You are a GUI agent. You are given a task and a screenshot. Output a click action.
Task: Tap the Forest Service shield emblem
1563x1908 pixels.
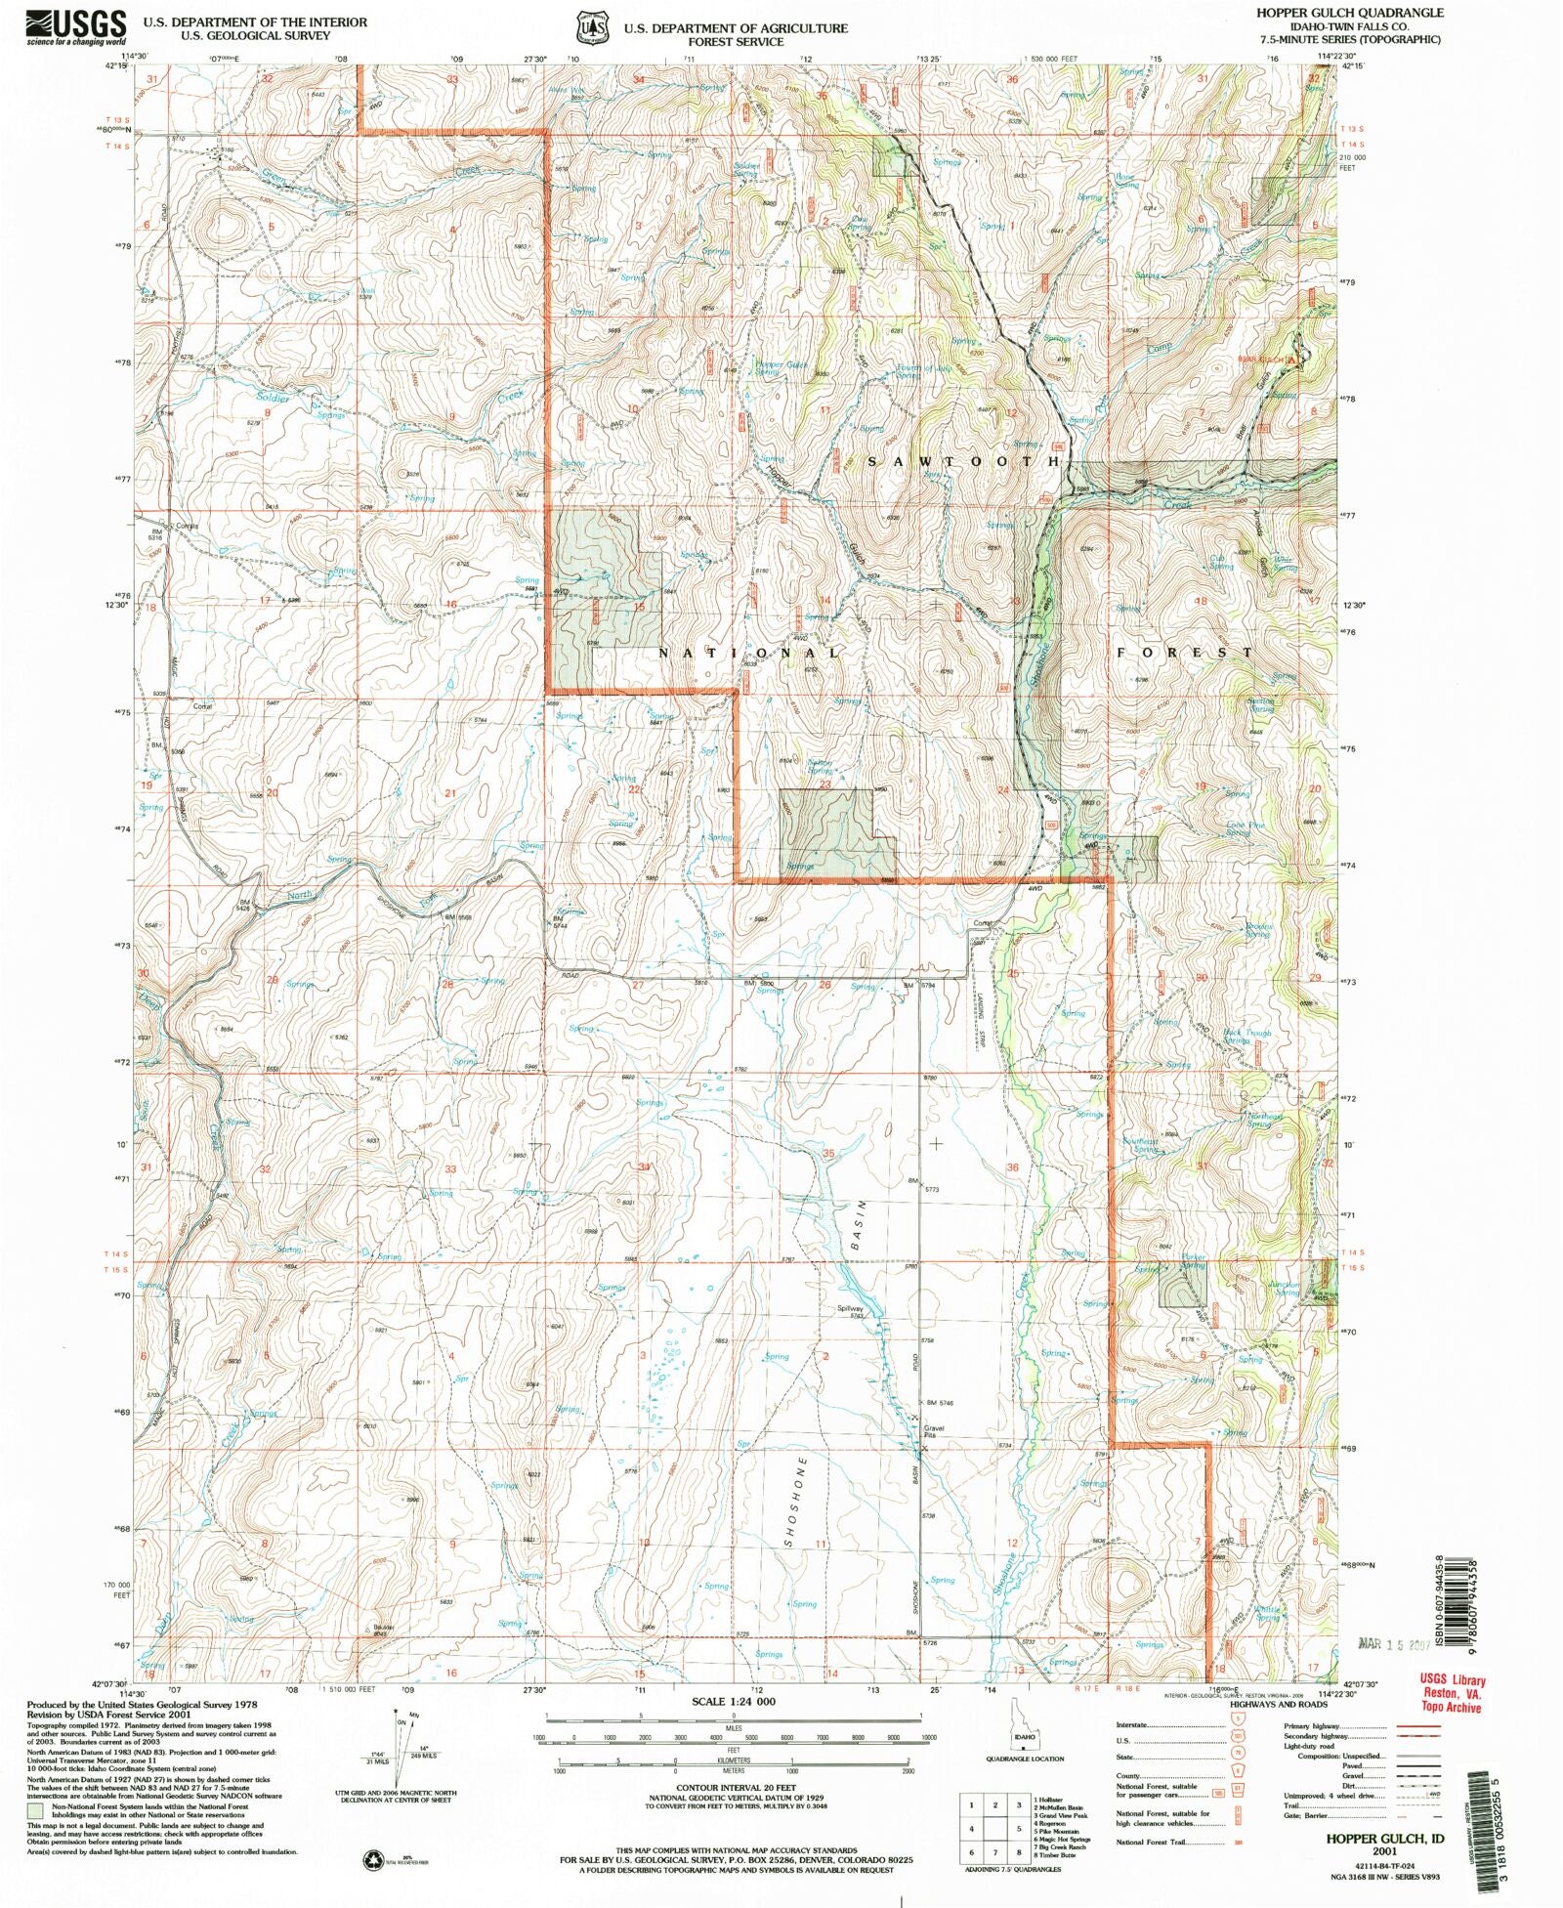pos(589,28)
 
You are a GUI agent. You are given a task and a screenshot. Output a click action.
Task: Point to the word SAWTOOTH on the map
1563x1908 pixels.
pos(963,460)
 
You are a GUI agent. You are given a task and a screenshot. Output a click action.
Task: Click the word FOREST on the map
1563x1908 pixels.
pos(1184,652)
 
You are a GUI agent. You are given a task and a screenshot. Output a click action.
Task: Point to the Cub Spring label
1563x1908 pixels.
pos(1221,563)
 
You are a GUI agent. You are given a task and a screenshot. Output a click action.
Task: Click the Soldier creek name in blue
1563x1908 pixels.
pos(274,399)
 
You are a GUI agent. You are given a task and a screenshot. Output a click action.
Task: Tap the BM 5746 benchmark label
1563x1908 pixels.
pos(938,1403)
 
